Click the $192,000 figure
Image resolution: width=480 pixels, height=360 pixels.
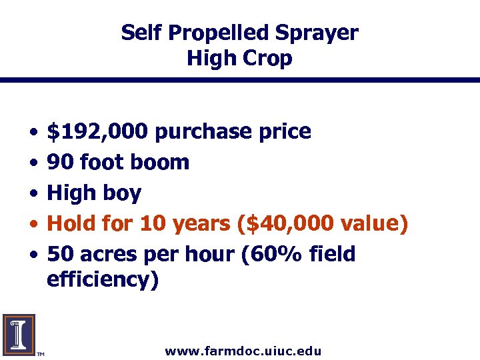pyautogui.click(x=97, y=131)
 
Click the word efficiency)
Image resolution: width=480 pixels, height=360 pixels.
pyautogui.click(x=103, y=279)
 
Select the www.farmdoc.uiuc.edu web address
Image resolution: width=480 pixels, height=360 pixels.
pyautogui.click(x=243, y=351)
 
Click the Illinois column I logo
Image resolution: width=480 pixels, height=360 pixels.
pyautogui.click(x=19, y=334)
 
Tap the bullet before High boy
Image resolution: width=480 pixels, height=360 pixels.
pyautogui.click(x=33, y=194)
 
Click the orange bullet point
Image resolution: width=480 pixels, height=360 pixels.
pyautogui.click(x=33, y=225)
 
